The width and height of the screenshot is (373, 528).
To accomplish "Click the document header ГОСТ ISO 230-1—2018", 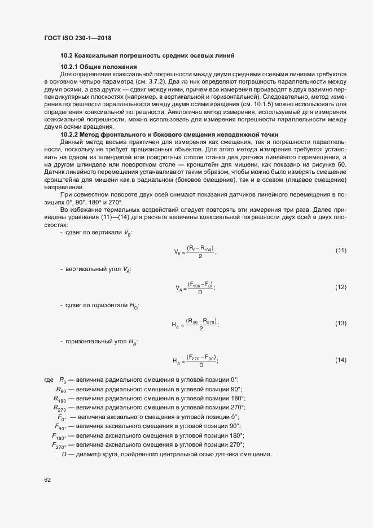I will [x=77, y=38].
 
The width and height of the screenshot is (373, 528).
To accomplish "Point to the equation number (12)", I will [x=340, y=287].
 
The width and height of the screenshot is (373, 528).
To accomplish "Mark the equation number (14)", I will [x=340, y=360].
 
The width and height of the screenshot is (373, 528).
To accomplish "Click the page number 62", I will [x=47, y=480].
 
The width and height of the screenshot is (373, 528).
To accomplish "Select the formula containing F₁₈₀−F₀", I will [x=195, y=287].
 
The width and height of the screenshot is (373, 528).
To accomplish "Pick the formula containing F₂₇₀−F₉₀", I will [x=195, y=360].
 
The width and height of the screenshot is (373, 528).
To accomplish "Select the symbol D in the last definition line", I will [x=64, y=455].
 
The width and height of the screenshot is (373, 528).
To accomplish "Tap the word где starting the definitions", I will [x=49, y=379].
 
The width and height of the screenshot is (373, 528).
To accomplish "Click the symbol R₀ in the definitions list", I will [x=63, y=379].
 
